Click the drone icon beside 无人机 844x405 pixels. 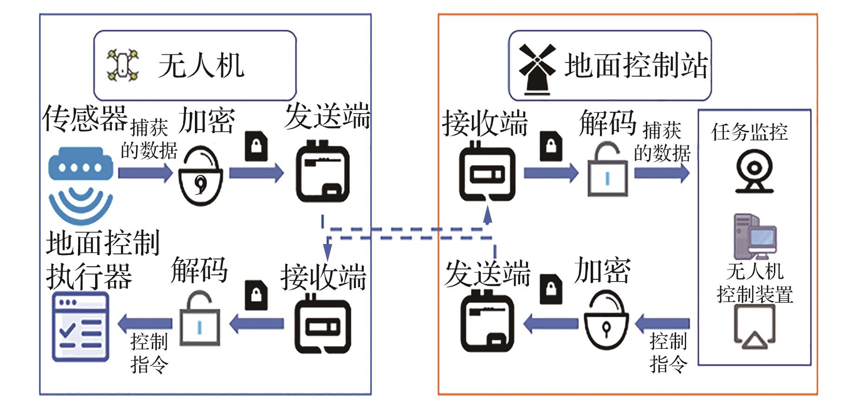point(122,65)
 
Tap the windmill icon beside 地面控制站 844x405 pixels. point(537,69)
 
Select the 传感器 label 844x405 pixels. point(85,118)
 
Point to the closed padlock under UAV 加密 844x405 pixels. point(200,177)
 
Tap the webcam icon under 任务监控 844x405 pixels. point(754,171)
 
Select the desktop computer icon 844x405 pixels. point(754,237)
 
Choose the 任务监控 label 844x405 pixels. point(749,132)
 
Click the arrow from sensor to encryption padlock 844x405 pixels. point(144,173)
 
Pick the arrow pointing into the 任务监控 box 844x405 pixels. point(662,173)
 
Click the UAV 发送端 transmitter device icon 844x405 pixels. point(323,172)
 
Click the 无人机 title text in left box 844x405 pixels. point(201,65)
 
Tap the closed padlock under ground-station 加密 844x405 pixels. point(606,322)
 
